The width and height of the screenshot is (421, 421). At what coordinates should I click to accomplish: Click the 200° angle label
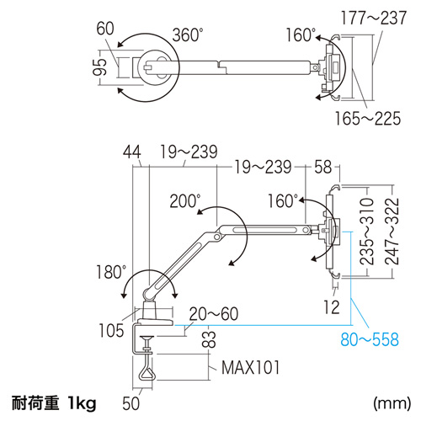tap(184, 202)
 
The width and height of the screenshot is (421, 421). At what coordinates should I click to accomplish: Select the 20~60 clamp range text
tap(213, 313)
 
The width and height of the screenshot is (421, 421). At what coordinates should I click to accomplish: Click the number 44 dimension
tap(131, 152)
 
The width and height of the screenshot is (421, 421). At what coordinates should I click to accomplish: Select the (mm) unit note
tap(386, 403)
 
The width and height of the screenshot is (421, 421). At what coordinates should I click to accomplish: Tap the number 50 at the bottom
tap(129, 403)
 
